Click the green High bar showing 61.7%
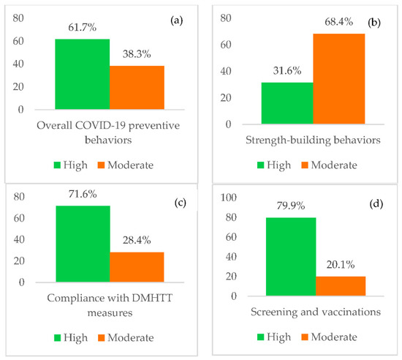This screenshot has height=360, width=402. coord(82,74)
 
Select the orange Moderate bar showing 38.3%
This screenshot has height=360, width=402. coord(137,87)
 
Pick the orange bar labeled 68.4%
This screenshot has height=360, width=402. coord(338,78)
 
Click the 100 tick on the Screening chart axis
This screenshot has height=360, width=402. coord(232,198)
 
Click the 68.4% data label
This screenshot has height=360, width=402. coord(339,24)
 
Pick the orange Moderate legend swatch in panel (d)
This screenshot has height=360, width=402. coord(303,338)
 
